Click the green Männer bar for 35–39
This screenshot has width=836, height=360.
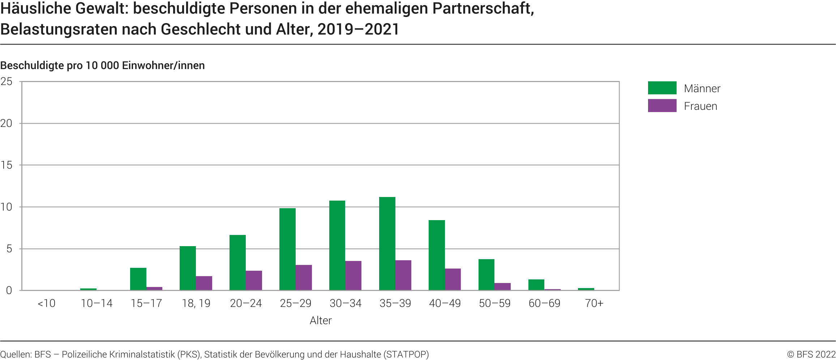click(x=387, y=244)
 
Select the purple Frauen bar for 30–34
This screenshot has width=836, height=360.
click(x=353, y=275)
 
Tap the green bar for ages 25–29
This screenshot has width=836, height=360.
click(x=287, y=249)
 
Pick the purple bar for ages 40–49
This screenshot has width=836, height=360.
click(x=453, y=279)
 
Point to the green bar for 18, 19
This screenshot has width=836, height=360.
click(x=188, y=268)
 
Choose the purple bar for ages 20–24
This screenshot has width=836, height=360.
click(x=254, y=280)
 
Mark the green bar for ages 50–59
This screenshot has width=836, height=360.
click(x=486, y=275)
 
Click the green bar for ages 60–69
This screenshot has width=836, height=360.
click(x=536, y=285)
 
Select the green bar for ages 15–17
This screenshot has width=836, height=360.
click(x=138, y=279)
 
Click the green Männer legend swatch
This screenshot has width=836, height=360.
click(x=662, y=88)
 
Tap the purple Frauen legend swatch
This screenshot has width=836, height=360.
click(x=662, y=106)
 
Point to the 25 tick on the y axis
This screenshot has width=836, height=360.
click(x=7, y=82)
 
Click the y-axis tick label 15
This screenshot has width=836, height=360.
click(x=7, y=165)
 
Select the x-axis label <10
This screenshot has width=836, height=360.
click(x=47, y=303)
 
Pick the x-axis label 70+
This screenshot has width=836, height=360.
click(x=594, y=303)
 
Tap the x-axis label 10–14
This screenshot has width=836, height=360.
click(x=97, y=303)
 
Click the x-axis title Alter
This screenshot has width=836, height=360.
click(x=321, y=321)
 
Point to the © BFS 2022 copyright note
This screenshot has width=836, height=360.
click(x=811, y=354)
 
